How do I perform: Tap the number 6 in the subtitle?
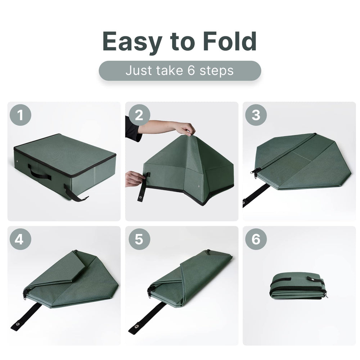tap(191, 71)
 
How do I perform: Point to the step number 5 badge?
tap(139, 239)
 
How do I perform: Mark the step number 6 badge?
tap(256, 239)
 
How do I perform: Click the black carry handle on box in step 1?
tap(40, 172)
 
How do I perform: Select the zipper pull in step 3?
tap(257, 172)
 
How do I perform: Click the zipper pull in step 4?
tap(26, 293)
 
